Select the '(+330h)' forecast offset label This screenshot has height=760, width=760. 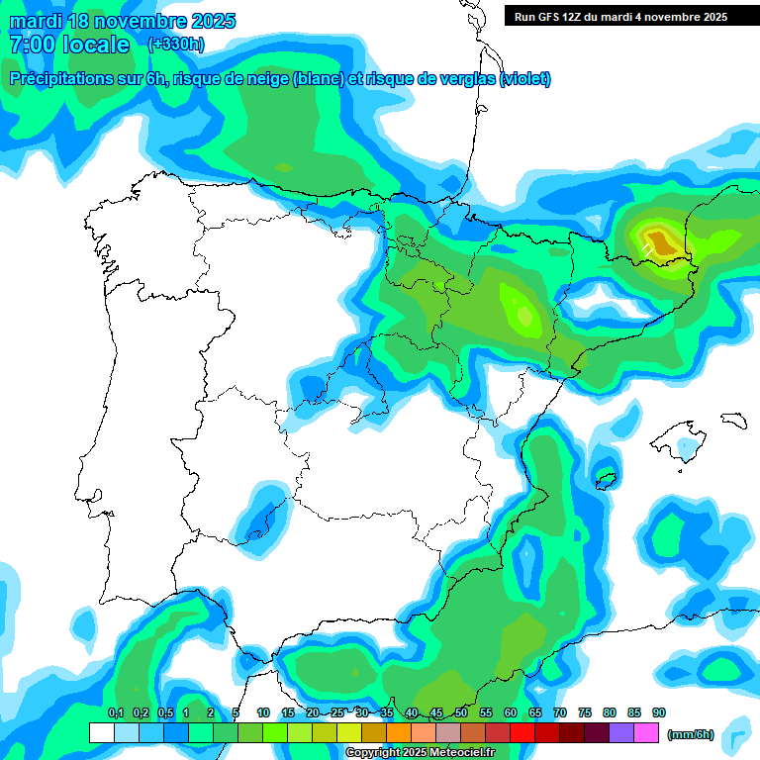175,44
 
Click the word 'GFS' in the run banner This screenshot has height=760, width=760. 549,16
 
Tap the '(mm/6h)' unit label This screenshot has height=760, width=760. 691,733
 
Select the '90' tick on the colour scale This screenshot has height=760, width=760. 659,712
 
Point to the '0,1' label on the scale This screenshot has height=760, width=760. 115,712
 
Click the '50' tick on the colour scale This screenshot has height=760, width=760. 461,712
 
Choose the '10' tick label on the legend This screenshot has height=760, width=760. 263,712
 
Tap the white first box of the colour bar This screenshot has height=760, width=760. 101,732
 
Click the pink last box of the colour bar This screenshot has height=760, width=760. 646,732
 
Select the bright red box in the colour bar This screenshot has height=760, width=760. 522,732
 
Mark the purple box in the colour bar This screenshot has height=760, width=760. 621,732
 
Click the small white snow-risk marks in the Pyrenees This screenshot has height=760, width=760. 646,248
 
